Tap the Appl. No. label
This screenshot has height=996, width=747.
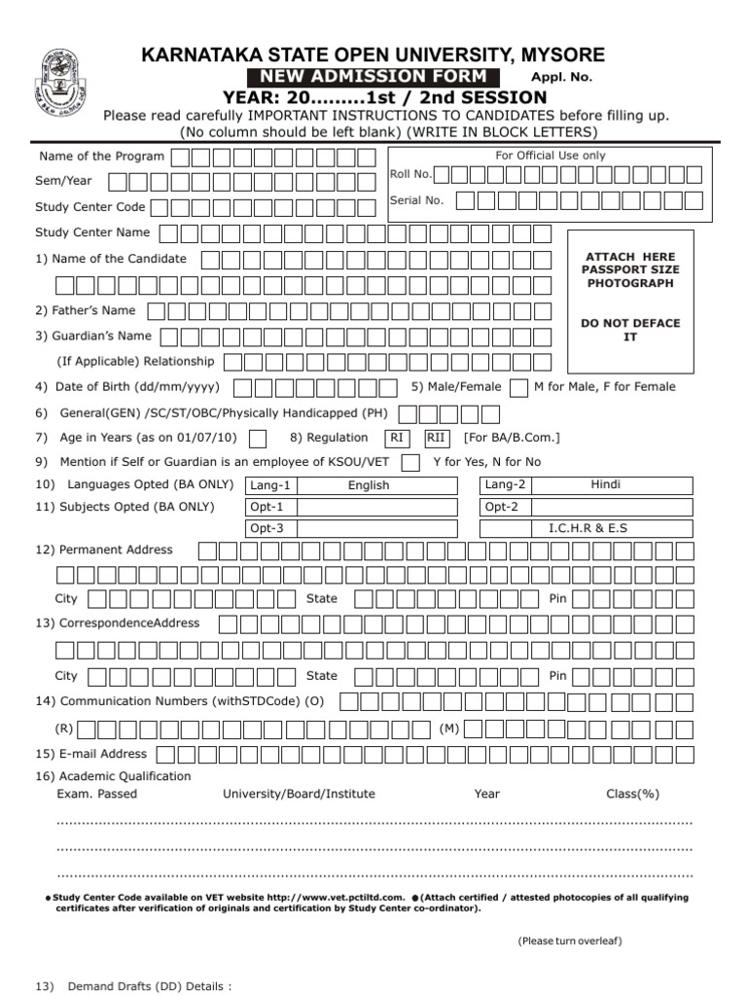point(560,78)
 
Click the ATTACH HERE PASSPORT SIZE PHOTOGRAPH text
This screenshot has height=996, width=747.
point(630,269)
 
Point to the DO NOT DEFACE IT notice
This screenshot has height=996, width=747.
point(630,330)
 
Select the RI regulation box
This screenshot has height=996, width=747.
point(397,438)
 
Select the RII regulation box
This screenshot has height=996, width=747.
point(437,438)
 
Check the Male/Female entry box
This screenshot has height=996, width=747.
point(519,387)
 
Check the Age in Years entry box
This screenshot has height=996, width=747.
point(258,439)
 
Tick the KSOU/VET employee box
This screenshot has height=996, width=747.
point(411,462)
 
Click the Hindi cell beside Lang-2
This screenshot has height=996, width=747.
point(605,485)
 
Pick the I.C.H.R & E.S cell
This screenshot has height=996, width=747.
point(605,528)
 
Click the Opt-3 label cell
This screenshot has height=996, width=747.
point(268,528)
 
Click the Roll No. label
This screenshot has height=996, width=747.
point(410,174)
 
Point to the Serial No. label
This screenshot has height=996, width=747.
point(416,200)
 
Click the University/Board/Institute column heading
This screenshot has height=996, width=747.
point(299,794)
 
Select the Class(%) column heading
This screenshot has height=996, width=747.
point(632,794)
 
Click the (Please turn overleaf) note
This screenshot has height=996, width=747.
point(570,941)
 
